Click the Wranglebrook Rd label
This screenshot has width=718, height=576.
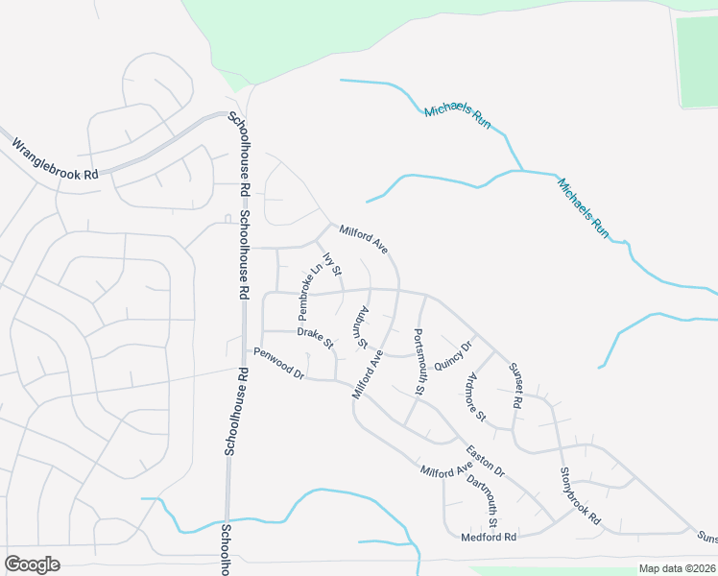click(x=55, y=160)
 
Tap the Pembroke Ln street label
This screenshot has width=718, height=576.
click(x=307, y=293)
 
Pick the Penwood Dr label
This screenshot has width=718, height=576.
click(x=278, y=363)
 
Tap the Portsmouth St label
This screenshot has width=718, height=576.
click(x=419, y=362)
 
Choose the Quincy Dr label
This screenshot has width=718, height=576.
click(x=454, y=355)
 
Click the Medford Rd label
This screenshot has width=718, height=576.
click(x=489, y=537)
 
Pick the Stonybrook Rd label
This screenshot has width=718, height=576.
click(x=580, y=495)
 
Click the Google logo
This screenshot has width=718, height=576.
click(x=32, y=564)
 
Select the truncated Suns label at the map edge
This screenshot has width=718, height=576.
click(x=706, y=537)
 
